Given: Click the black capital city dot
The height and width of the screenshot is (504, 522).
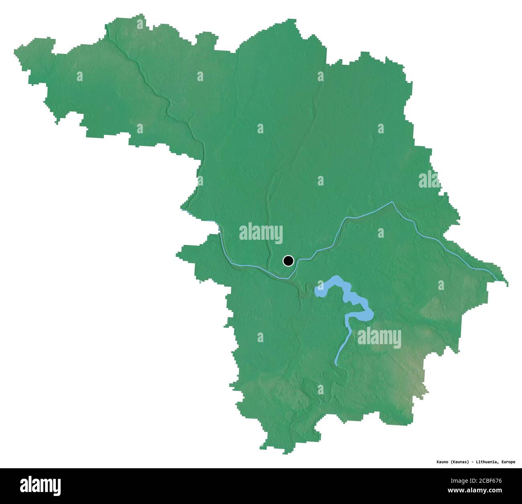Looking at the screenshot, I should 288,261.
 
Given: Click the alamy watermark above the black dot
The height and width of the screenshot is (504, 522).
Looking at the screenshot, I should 261,233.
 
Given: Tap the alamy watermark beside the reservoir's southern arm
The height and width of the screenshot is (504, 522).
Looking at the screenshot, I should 379,337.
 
